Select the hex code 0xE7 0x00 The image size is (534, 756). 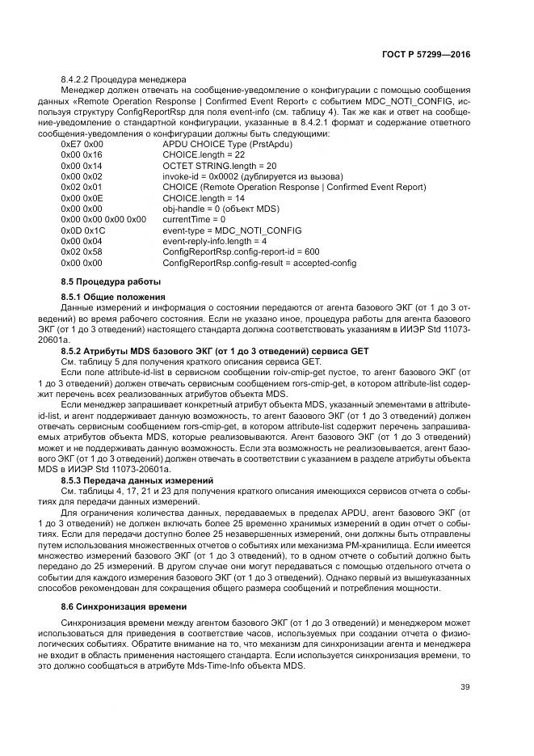pyautogui.click(x=82, y=143)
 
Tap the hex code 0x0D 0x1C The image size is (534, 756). pyautogui.click(x=83, y=230)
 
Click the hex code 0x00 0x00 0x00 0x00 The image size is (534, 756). pyautogui.click(x=103, y=219)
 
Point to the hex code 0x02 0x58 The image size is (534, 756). pyautogui.click(x=82, y=251)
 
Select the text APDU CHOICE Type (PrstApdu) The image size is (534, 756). pyautogui.click(x=227, y=143)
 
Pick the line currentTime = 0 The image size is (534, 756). pyautogui.click(x=194, y=219)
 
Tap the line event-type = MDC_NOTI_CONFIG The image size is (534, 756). pyautogui.click(x=225, y=230)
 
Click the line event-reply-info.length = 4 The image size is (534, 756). pyautogui.click(x=215, y=241)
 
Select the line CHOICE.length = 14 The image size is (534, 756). pyautogui.click(x=203, y=197)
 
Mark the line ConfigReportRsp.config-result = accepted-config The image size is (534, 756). pyautogui.click(x=259, y=263)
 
